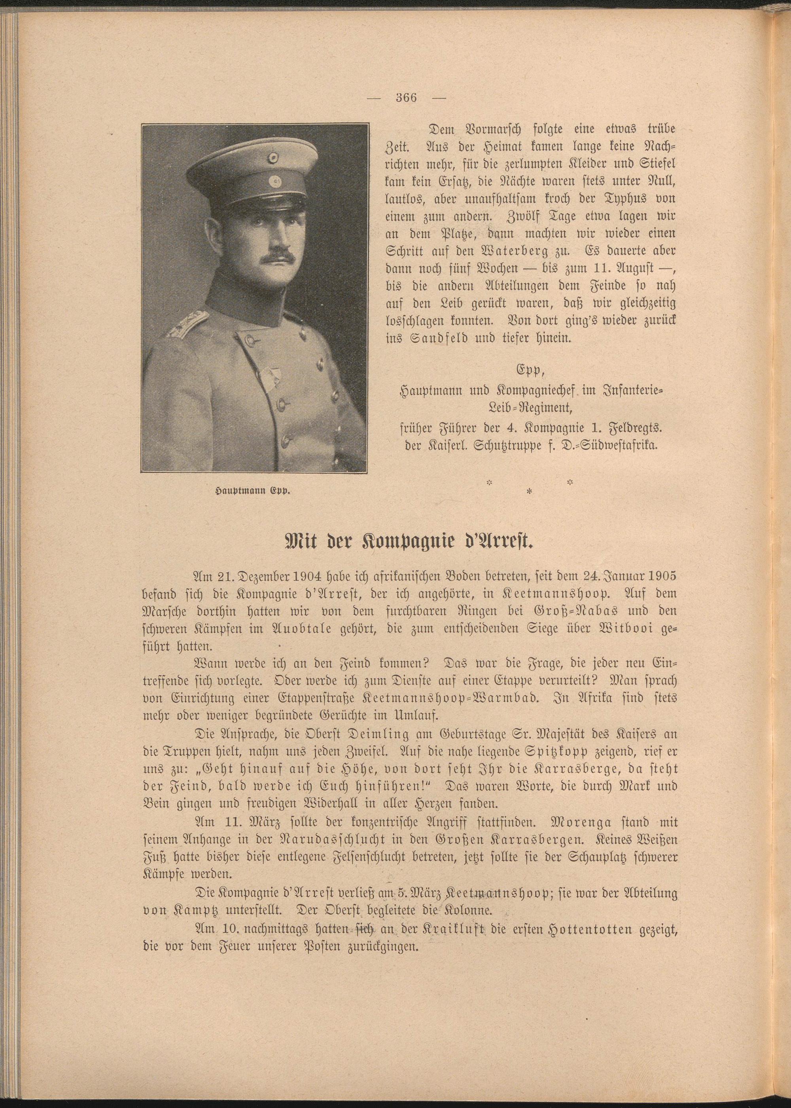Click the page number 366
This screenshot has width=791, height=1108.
(406, 97)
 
